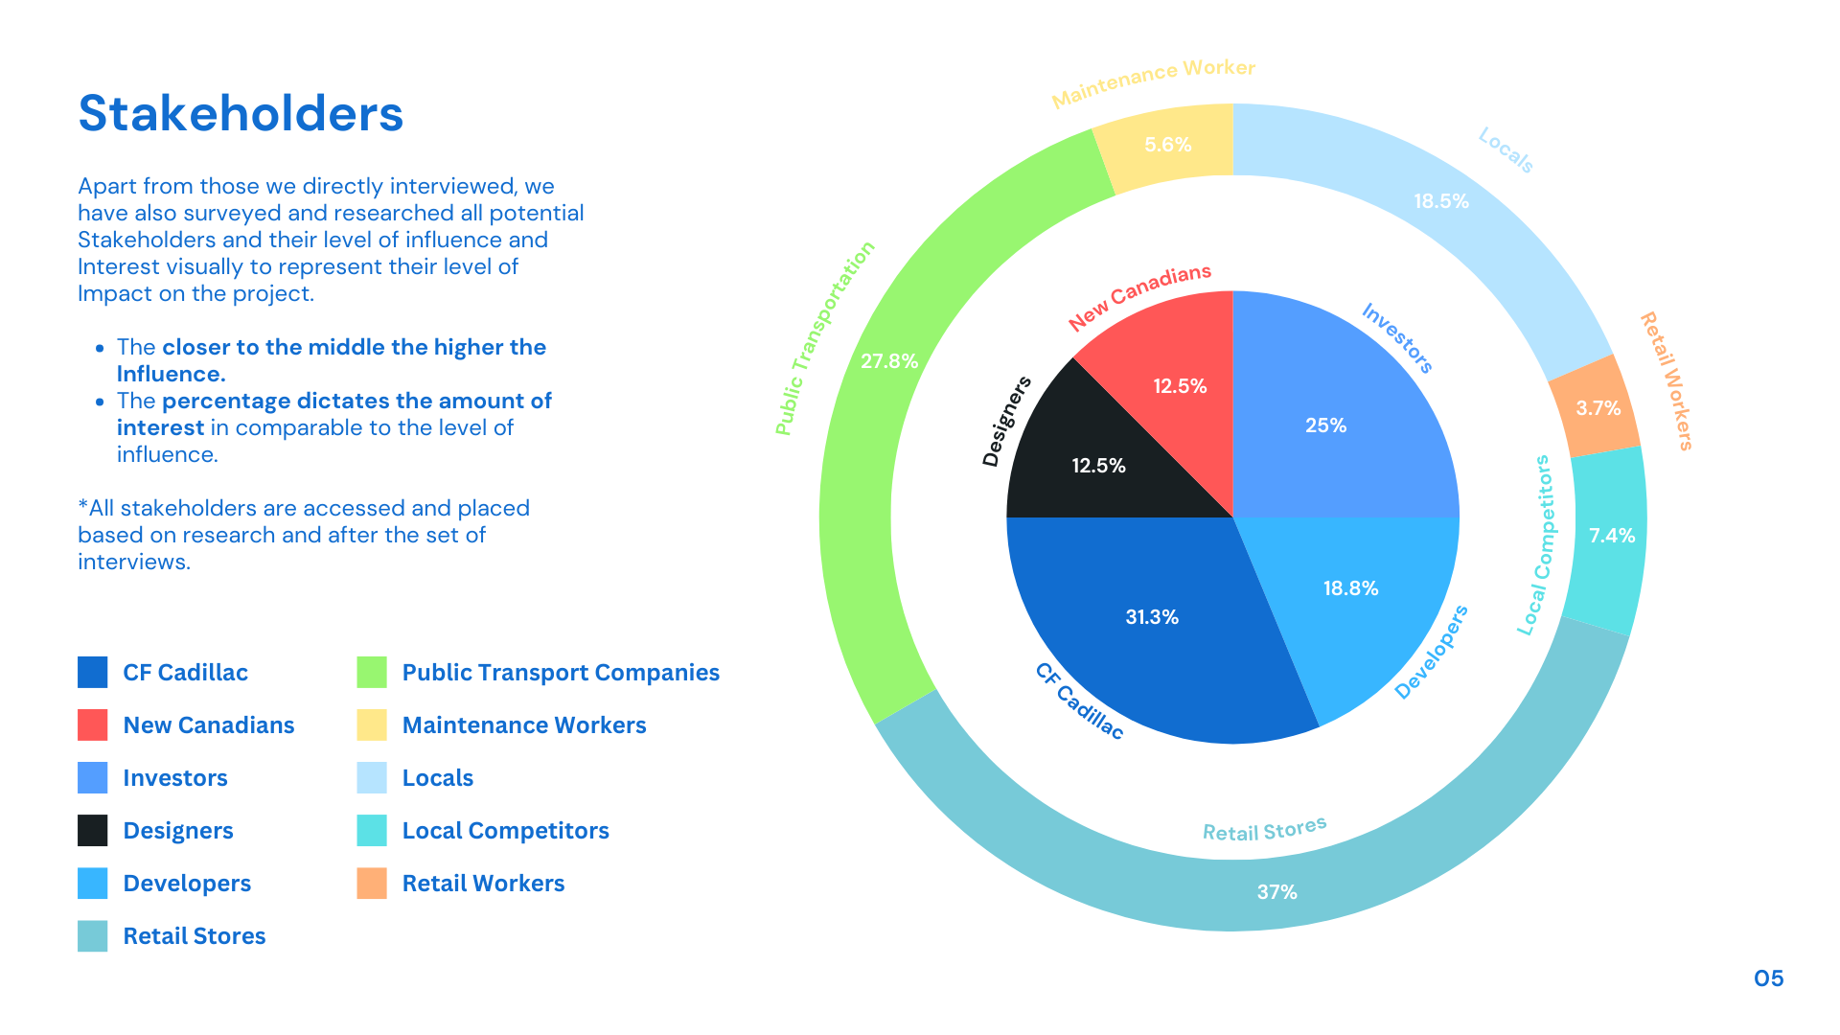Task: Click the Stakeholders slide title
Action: click(x=241, y=113)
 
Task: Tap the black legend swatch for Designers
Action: click(x=93, y=830)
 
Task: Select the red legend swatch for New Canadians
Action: click(x=93, y=724)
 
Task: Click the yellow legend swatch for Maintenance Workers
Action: click(x=372, y=724)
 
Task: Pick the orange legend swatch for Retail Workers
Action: click(x=372, y=883)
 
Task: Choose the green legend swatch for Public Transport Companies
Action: click(x=372, y=672)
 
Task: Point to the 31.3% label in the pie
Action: click(x=1152, y=617)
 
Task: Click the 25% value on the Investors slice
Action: click(x=1325, y=425)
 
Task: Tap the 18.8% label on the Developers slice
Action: click(x=1350, y=588)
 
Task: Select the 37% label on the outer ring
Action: click(x=1276, y=892)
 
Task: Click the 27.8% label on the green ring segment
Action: click(x=889, y=361)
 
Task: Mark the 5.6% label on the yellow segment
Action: click(x=1168, y=145)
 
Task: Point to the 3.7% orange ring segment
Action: click(x=1598, y=408)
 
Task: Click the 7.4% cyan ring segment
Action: click(x=1611, y=536)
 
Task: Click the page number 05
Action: click(x=1768, y=978)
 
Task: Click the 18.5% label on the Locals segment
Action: click(x=1441, y=201)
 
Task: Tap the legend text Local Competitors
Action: click(x=505, y=830)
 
